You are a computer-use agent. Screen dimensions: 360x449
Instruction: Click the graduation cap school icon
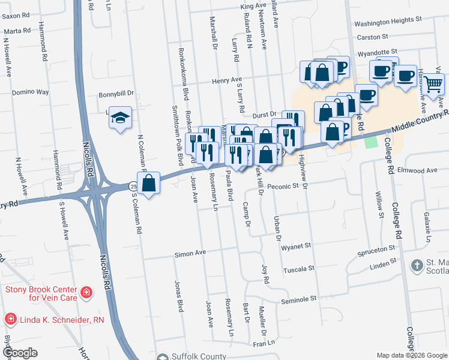coord(121,118)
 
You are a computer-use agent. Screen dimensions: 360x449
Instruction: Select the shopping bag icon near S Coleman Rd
coord(149,182)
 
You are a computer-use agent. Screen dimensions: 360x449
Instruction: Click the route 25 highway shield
coord(133,187)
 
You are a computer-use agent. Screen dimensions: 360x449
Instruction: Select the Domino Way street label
coord(30,92)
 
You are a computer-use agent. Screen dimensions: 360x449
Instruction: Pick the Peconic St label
coord(283,187)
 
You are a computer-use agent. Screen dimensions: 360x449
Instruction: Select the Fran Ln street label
coord(264,344)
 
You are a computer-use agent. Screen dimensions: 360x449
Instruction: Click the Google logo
coord(20,353)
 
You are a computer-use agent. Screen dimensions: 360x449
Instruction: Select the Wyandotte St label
coord(378,53)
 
